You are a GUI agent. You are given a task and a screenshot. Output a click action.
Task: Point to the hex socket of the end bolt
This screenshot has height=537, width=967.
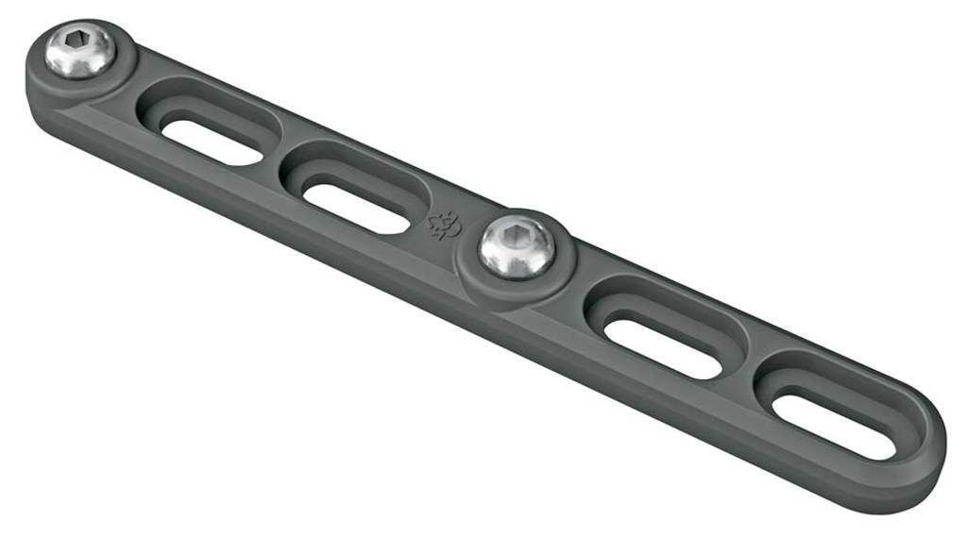coord(76,43)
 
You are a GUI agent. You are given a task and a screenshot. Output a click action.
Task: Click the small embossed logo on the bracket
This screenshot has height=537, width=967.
coord(445,224)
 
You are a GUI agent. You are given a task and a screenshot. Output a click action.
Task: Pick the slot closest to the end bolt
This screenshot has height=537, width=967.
coord(209,137)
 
